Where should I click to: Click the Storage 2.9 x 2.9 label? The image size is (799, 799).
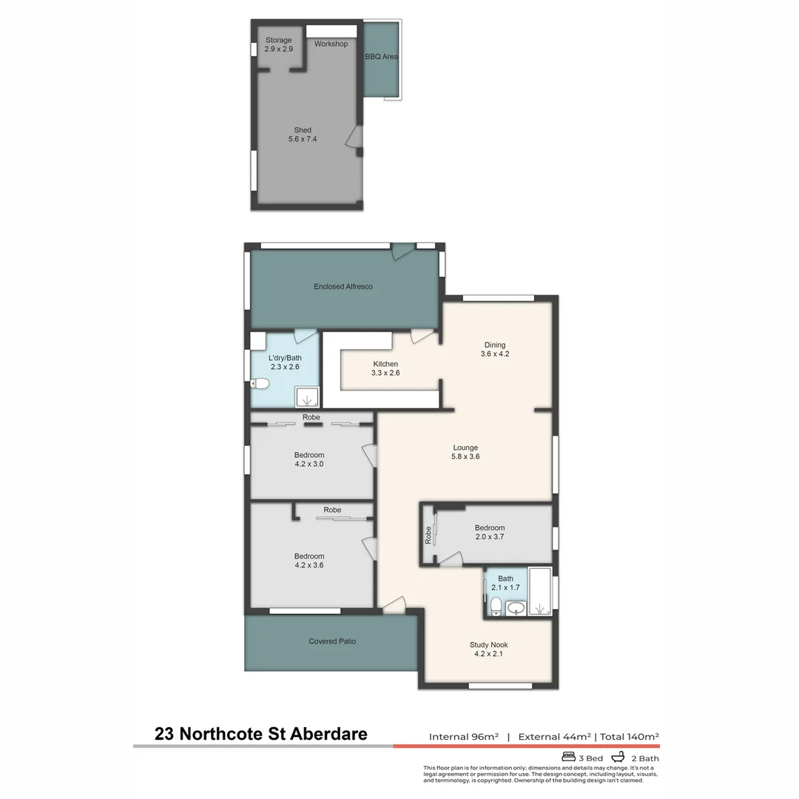click(x=278, y=44)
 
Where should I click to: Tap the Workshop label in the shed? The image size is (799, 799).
click(x=331, y=44)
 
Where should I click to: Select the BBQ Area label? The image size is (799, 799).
click(x=382, y=56)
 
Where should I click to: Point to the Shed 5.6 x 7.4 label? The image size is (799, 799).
click(x=303, y=135)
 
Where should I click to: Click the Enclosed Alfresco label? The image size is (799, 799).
click(x=343, y=286)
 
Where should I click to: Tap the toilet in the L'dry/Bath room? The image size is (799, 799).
click(x=259, y=383)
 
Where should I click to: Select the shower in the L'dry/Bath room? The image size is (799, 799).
click(x=307, y=397)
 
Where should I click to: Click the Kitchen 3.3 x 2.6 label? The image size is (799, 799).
click(x=385, y=368)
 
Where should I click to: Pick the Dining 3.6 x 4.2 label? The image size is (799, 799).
click(x=495, y=349)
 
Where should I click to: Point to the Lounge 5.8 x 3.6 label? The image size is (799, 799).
click(x=465, y=452)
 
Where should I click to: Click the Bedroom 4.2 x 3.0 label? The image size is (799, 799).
click(x=309, y=459)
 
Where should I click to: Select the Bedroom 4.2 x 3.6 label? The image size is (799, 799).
click(x=309, y=561)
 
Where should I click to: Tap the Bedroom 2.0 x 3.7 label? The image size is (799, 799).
click(x=489, y=532)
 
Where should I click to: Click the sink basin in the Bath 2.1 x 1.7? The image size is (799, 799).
click(x=516, y=608)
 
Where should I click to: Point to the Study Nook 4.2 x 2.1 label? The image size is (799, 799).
click(x=488, y=649)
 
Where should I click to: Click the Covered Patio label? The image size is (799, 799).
click(x=332, y=641)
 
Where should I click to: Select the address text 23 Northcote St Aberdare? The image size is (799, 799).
click(x=260, y=735)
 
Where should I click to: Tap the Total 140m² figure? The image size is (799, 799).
click(x=629, y=737)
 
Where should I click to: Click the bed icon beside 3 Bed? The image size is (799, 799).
click(x=569, y=758)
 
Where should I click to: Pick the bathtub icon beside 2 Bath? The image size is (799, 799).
click(x=618, y=758)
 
